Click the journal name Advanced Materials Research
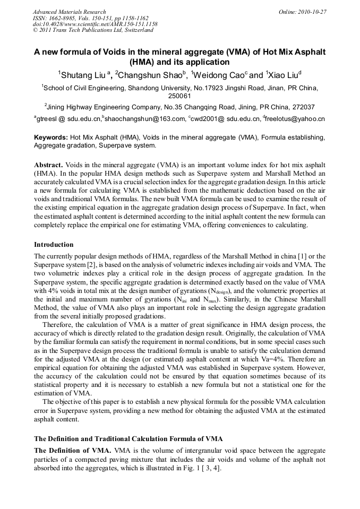[x=69, y=12]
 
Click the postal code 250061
[x=179, y=96]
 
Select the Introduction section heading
[x=54, y=245]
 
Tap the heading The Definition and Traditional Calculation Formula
[x=128, y=438]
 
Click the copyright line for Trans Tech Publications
[x=93, y=30]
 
